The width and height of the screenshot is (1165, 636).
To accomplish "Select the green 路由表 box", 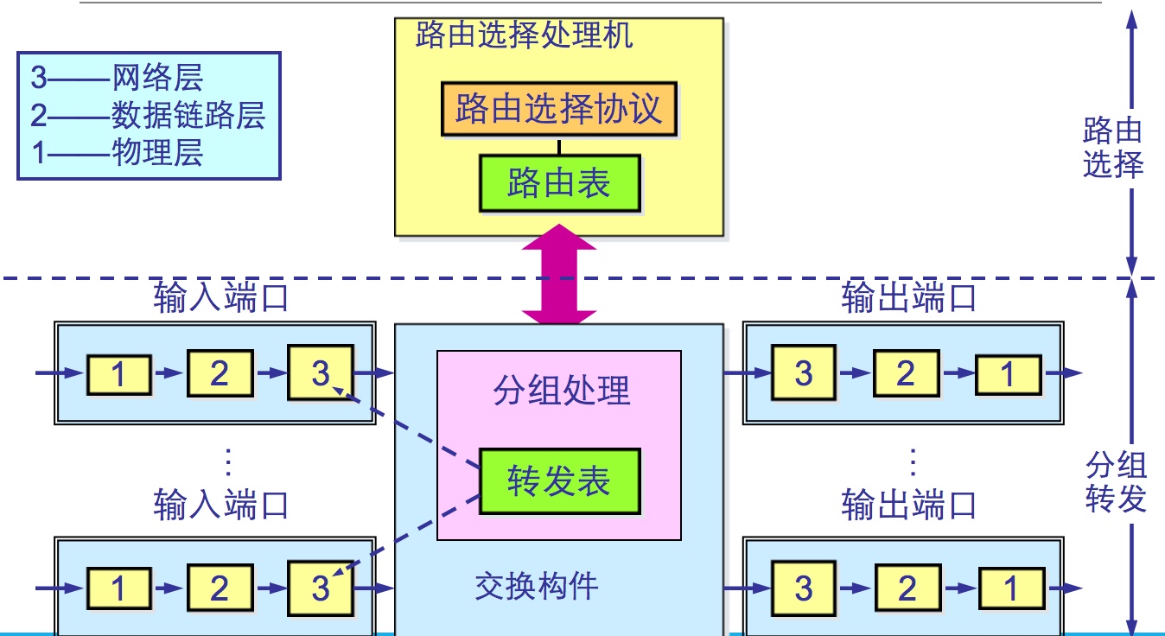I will pyautogui.click(x=559, y=183).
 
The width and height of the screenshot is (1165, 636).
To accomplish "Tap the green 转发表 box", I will pyautogui.click(x=559, y=481).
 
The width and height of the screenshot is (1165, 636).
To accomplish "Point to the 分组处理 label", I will pyautogui.click(x=562, y=391).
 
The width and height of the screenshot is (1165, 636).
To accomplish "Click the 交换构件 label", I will pyautogui.click(x=537, y=587).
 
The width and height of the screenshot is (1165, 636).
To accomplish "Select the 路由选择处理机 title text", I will pyautogui.click(x=524, y=35).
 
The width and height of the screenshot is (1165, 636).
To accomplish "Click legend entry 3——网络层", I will pyautogui.click(x=118, y=78).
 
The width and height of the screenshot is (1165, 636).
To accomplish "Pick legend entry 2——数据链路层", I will pyautogui.click(x=148, y=115).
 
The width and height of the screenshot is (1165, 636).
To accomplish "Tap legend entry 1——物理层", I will pyautogui.click(x=118, y=153).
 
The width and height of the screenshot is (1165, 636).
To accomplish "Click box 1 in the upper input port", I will pyautogui.click(x=118, y=373).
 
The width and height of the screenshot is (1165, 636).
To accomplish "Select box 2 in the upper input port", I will pyautogui.click(x=220, y=373).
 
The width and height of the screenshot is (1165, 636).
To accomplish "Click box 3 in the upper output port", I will pyautogui.click(x=804, y=373).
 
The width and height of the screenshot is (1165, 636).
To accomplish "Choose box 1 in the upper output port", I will pyautogui.click(x=1008, y=374).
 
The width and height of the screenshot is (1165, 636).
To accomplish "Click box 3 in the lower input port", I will pyautogui.click(x=321, y=588).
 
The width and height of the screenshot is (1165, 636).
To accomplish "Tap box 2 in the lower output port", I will pyautogui.click(x=906, y=588).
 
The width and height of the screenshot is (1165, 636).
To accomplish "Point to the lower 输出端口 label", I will pyautogui.click(x=908, y=505).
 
